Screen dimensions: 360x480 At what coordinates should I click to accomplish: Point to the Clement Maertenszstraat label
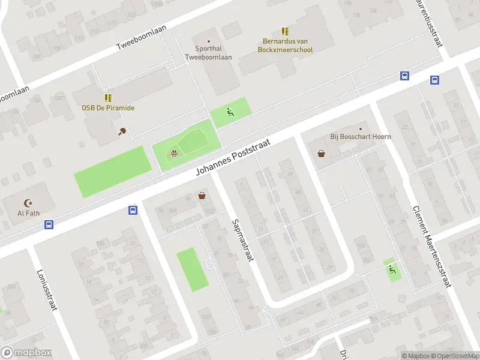pos(431,247)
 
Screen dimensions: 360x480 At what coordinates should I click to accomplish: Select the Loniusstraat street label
pos(47,289)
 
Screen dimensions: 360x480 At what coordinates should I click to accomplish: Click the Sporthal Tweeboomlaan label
pos(208,53)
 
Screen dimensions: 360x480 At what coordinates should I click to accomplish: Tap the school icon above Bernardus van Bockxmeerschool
pos(285,31)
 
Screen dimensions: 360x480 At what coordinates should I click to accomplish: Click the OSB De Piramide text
pos(108,108)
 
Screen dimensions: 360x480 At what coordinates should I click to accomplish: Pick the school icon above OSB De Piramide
pos(108,97)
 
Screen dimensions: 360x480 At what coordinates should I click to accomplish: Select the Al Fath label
pos(28,213)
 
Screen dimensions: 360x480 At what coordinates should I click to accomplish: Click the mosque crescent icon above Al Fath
pos(28,203)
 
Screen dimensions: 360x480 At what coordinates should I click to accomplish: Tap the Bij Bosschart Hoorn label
pos(361,137)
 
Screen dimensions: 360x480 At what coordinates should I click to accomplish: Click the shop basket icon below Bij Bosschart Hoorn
pos(322,154)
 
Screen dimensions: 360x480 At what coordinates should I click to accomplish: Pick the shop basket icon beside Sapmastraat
pos(202,195)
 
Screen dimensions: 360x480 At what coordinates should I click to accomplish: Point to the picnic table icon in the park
pos(174,153)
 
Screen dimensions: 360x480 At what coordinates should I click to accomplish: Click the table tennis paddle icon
pos(122,132)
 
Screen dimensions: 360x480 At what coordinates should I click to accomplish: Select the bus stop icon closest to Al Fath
pos(49,225)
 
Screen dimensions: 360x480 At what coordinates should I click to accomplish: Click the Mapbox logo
pos(26,353)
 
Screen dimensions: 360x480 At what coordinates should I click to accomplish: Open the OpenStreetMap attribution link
pos(454,356)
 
